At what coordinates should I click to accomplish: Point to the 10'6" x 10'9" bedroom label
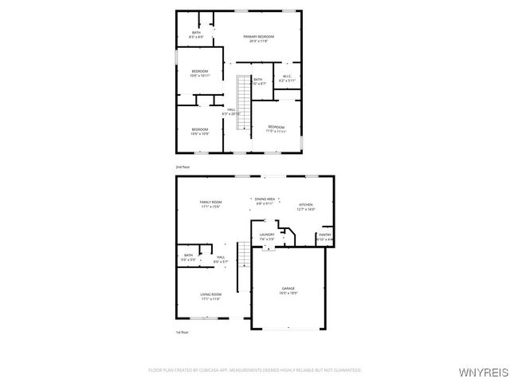(199, 131)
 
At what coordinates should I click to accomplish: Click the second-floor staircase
(244, 88)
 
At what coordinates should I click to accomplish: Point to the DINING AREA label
(265, 200)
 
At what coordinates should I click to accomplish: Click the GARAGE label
(288, 290)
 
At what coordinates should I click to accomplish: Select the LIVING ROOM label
(210, 296)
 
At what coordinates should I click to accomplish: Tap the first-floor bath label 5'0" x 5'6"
(188, 258)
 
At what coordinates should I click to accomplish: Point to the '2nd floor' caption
(182, 167)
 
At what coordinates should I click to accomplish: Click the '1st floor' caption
(182, 332)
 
